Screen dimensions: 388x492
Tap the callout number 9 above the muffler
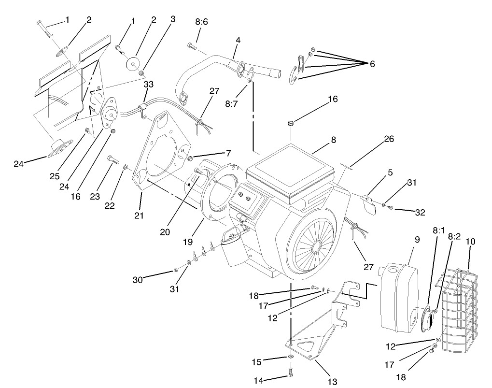pos(417,239)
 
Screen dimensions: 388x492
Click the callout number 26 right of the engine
pos(389,139)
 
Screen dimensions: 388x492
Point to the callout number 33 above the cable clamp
pos(148,84)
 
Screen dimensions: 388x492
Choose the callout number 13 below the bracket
pos(332,382)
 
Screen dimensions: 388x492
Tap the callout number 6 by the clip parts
pos(372,64)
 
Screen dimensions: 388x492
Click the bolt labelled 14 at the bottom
pos(291,372)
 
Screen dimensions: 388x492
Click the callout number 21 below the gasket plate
pos(139,215)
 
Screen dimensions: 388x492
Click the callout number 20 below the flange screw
pos(166,232)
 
